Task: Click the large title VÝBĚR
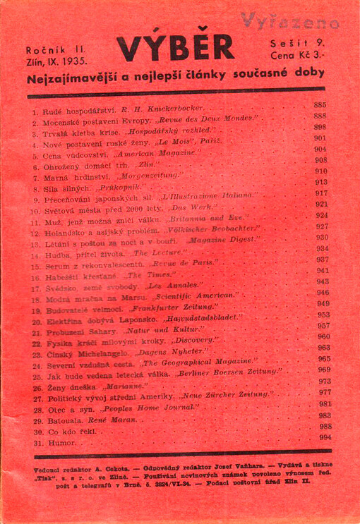174,48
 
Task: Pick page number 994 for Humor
325,437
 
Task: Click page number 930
323,238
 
